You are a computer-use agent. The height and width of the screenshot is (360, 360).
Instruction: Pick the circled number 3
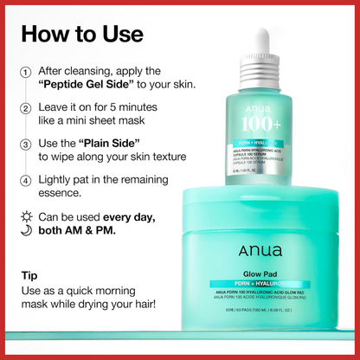click(x=26, y=144)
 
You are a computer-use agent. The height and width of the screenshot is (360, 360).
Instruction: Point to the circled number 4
click(x=26, y=180)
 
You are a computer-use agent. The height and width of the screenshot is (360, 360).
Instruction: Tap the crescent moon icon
click(x=26, y=228)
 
